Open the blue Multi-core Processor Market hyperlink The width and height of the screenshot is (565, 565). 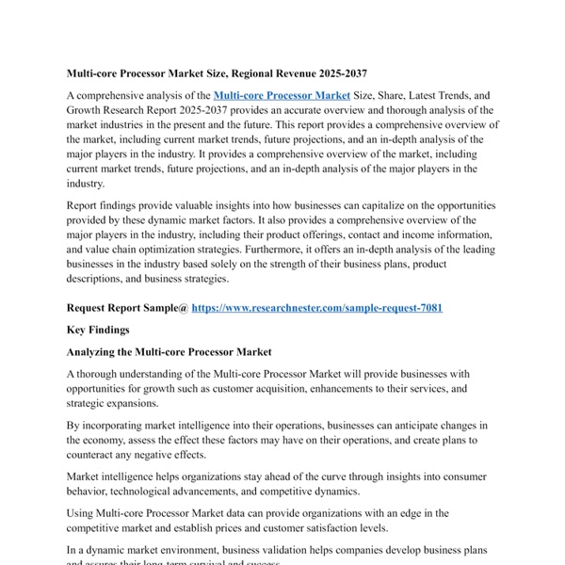tap(282, 95)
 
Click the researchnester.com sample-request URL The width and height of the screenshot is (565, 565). tap(316, 307)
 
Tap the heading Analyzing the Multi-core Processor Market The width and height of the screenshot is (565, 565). tap(169, 351)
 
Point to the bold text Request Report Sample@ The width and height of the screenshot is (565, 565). tap(127, 307)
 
